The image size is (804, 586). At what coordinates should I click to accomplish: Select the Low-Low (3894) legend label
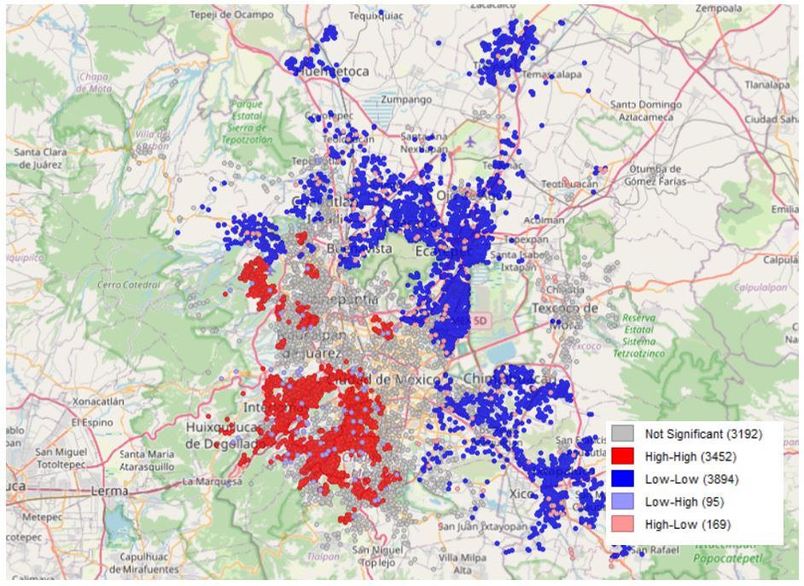coord(685,478)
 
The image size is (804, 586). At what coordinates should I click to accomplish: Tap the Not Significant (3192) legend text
coord(703,434)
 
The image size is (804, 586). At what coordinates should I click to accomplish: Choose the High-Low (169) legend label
coord(687,523)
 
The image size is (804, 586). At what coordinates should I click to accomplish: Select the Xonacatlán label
coord(99,400)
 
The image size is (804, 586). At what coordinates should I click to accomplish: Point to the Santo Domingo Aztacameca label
coord(646,109)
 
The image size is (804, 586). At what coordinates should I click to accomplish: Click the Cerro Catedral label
coord(130,284)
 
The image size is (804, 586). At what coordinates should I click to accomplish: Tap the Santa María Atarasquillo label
coord(148,460)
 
